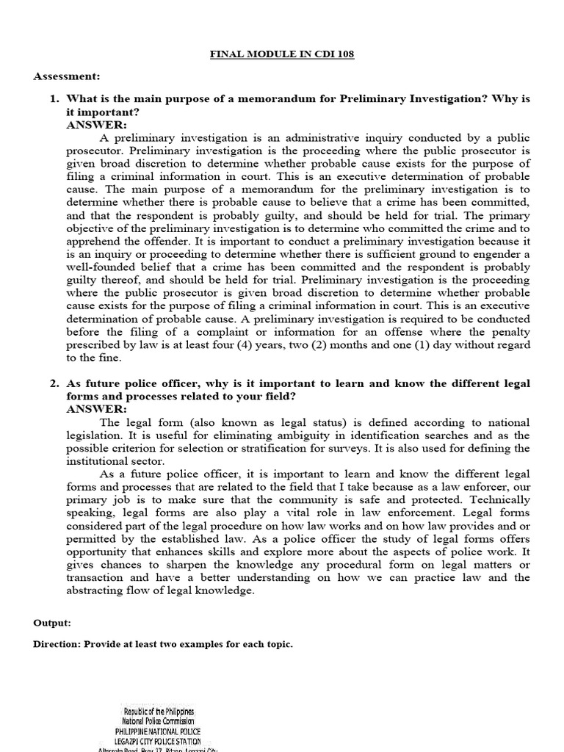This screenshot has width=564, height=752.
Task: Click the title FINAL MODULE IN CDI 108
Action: click(x=282, y=56)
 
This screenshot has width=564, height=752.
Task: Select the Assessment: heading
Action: click(x=67, y=76)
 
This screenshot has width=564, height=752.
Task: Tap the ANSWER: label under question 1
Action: click(x=96, y=125)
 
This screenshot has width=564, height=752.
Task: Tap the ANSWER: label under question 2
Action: click(x=96, y=409)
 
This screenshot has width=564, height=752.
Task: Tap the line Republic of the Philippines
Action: click(x=157, y=712)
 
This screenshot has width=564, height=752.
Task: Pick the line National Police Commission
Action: click(x=157, y=722)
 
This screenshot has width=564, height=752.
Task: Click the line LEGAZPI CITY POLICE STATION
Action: click(x=157, y=741)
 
